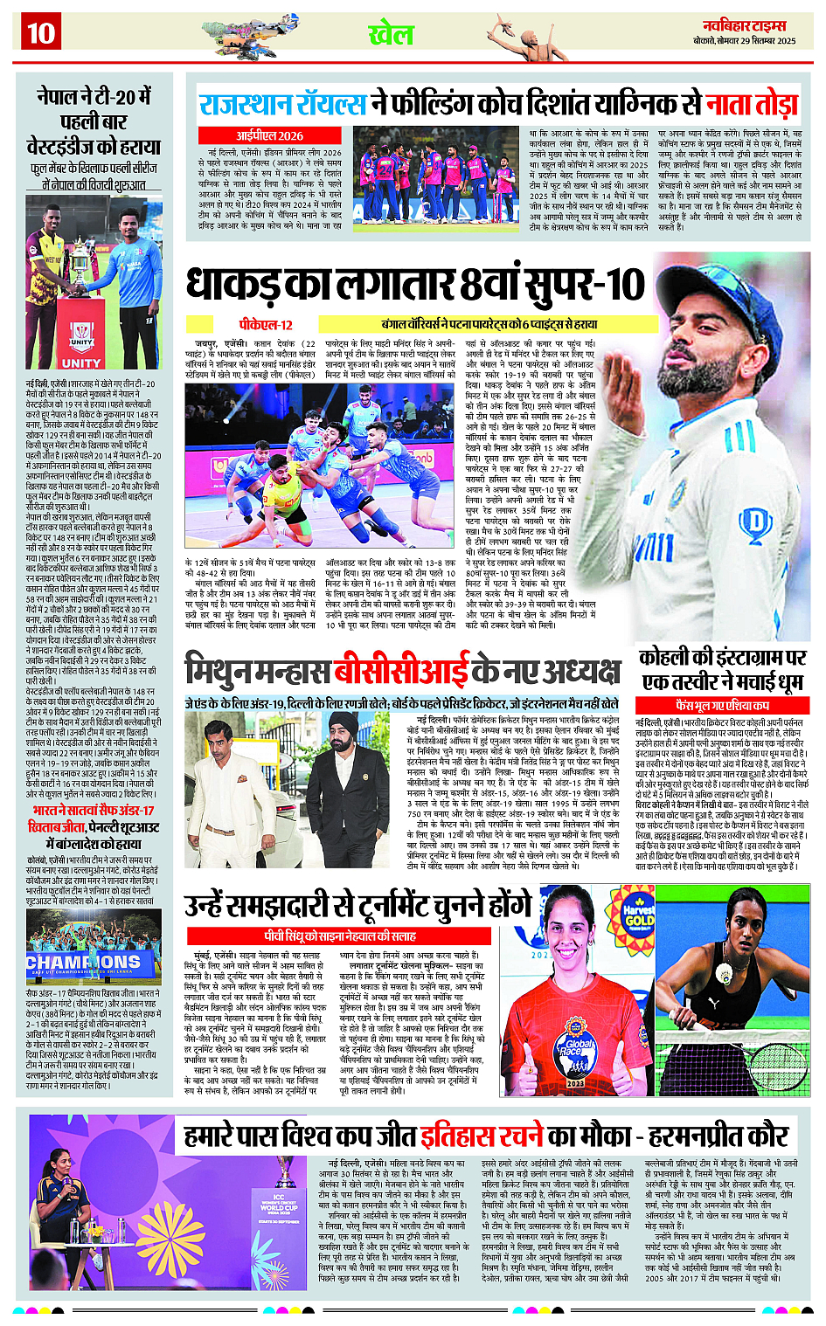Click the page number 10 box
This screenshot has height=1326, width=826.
pos(40,33)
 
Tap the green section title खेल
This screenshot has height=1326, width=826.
pos(391,35)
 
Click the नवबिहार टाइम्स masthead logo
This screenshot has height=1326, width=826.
pos(744,26)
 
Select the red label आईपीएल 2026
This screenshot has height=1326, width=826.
pos(269,135)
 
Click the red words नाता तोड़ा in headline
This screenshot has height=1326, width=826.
pos(752,104)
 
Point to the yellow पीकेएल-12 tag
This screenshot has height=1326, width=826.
pos(266,324)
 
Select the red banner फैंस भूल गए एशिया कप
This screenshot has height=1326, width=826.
pos(722,705)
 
